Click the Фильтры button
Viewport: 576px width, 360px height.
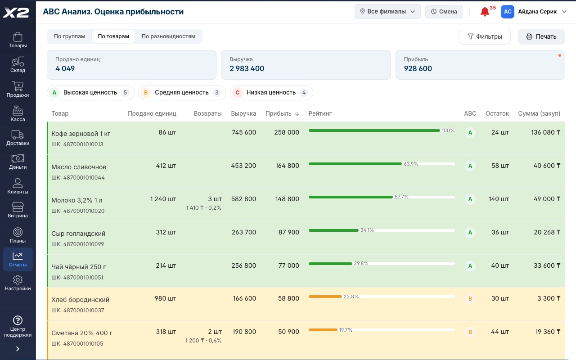pyautogui.click(x=485, y=36)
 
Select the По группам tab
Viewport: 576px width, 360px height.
pyautogui.click(x=69, y=36)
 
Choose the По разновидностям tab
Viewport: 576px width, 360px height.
pyautogui.click(x=168, y=36)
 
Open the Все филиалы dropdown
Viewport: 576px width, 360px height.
pyautogui.click(x=387, y=12)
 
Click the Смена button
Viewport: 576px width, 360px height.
pyautogui.click(x=444, y=12)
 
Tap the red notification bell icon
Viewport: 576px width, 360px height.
pyautogui.click(x=485, y=12)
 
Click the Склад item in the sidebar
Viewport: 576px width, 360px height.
pyautogui.click(x=18, y=65)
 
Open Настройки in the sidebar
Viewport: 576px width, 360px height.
pyautogui.click(x=18, y=283)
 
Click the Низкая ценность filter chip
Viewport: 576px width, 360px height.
pyautogui.click(x=271, y=93)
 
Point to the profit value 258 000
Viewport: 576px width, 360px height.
pyautogui.click(x=287, y=132)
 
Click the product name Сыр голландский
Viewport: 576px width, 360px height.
pyautogui.click(x=78, y=234)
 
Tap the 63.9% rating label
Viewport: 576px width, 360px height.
pyautogui.click(x=411, y=164)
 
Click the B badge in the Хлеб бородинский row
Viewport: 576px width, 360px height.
pyautogui.click(x=470, y=298)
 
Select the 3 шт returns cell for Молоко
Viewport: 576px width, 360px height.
pyautogui.click(x=215, y=199)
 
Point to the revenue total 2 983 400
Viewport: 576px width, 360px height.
pyautogui.click(x=247, y=68)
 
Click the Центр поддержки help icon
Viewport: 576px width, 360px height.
pyautogui.click(x=18, y=320)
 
